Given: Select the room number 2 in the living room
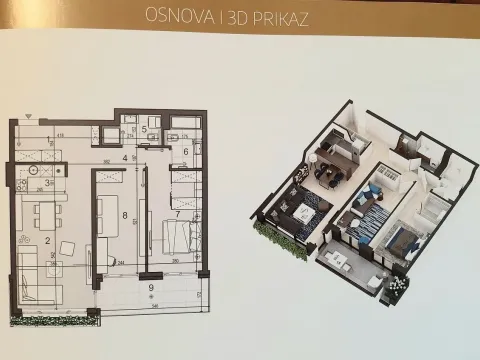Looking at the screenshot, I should (47, 239).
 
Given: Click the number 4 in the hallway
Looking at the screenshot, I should (125, 157).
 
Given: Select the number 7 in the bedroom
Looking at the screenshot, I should (177, 213).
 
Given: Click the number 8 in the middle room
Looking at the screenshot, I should (125, 214).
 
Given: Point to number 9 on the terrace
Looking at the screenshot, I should (150, 288).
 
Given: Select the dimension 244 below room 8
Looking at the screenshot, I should (121, 263).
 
